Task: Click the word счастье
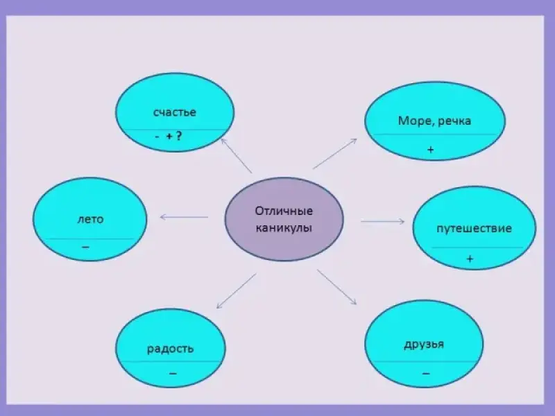click(174, 112)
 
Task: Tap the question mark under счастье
click(179, 137)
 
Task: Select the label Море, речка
click(434, 121)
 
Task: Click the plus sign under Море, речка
click(431, 149)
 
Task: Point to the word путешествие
click(474, 228)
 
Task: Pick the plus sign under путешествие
click(470, 259)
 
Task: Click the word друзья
click(423, 345)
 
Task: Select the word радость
click(170, 348)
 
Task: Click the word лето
click(90, 219)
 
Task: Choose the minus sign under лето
click(85, 247)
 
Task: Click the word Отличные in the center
click(284, 211)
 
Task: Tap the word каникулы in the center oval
click(284, 227)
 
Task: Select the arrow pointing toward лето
click(184, 217)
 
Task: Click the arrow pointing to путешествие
click(382, 221)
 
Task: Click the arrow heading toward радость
click(236, 291)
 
